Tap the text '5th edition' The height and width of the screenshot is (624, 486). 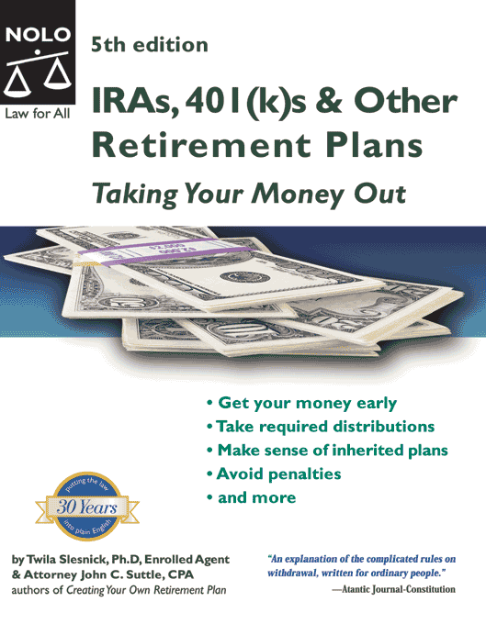(150, 44)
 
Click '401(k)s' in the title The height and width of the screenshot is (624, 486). (232, 100)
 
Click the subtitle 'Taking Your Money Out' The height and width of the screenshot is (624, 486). (247, 194)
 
